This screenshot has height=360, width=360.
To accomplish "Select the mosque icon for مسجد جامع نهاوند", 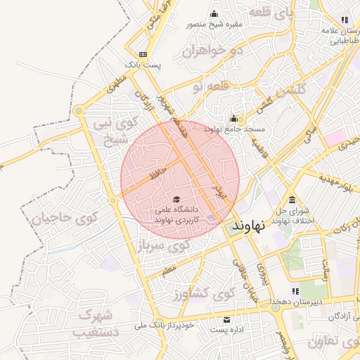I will point(234,119).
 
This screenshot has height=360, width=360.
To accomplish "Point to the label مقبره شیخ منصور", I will point(214,24).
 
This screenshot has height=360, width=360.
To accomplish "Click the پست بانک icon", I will point(143,54).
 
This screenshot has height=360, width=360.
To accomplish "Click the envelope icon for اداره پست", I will point(226,319).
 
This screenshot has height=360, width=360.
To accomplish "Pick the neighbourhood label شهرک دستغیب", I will point(94,323).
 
